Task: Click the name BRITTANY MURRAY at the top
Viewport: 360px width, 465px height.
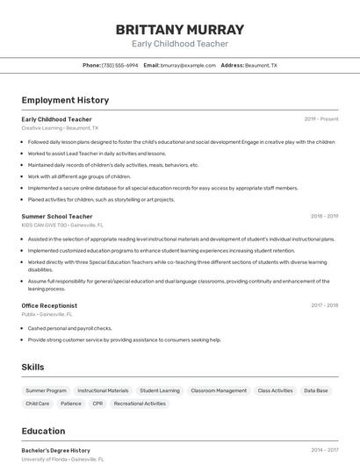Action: tap(179, 30)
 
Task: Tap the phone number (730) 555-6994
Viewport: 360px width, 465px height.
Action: tap(120, 65)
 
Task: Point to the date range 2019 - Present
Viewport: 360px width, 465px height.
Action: tap(321, 118)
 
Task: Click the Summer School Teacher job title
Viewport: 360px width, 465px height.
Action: tap(57, 216)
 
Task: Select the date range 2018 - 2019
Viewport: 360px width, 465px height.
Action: tap(324, 216)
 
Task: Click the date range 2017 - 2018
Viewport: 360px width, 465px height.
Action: tap(324, 305)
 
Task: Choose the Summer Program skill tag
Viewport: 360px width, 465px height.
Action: tap(46, 390)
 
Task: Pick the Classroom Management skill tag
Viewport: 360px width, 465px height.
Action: tap(219, 390)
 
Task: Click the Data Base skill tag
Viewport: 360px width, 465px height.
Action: tap(316, 390)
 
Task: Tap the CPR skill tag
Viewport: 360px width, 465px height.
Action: tap(97, 404)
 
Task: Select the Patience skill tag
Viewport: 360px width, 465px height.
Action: tap(71, 404)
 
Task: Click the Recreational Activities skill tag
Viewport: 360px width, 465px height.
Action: tap(140, 404)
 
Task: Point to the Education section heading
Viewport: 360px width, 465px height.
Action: tap(43, 431)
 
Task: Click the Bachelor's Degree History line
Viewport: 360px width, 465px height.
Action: tap(55, 450)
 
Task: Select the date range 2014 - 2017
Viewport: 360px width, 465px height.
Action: tap(324, 450)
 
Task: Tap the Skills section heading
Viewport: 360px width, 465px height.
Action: tap(32, 367)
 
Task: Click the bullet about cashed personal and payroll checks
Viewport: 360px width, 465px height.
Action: tap(69, 328)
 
